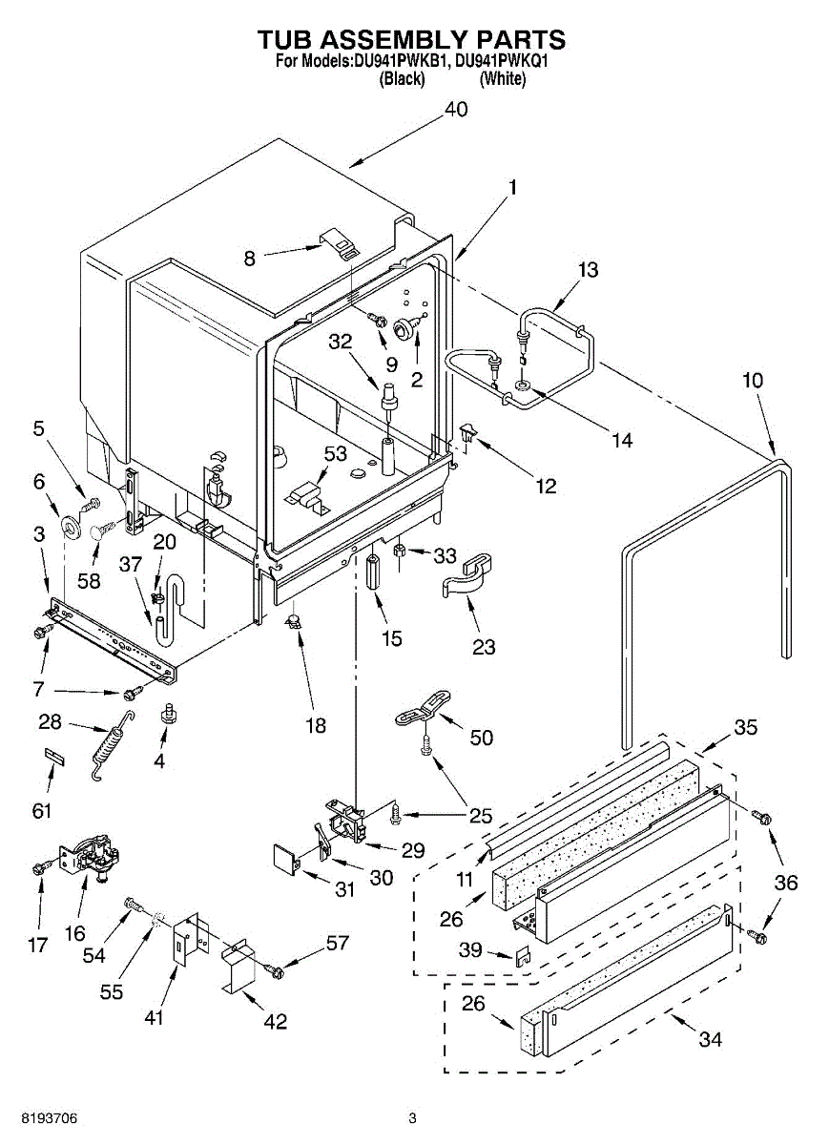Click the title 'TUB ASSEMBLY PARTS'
(412, 39)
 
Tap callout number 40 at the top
(456, 110)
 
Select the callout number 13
(588, 270)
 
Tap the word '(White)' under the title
(502, 79)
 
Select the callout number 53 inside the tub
(336, 453)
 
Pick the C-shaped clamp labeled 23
(468, 578)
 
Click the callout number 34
(710, 1040)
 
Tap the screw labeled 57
(276, 970)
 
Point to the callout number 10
(753, 380)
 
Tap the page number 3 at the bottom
(412, 1118)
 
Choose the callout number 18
(314, 726)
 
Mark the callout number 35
(745, 727)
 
